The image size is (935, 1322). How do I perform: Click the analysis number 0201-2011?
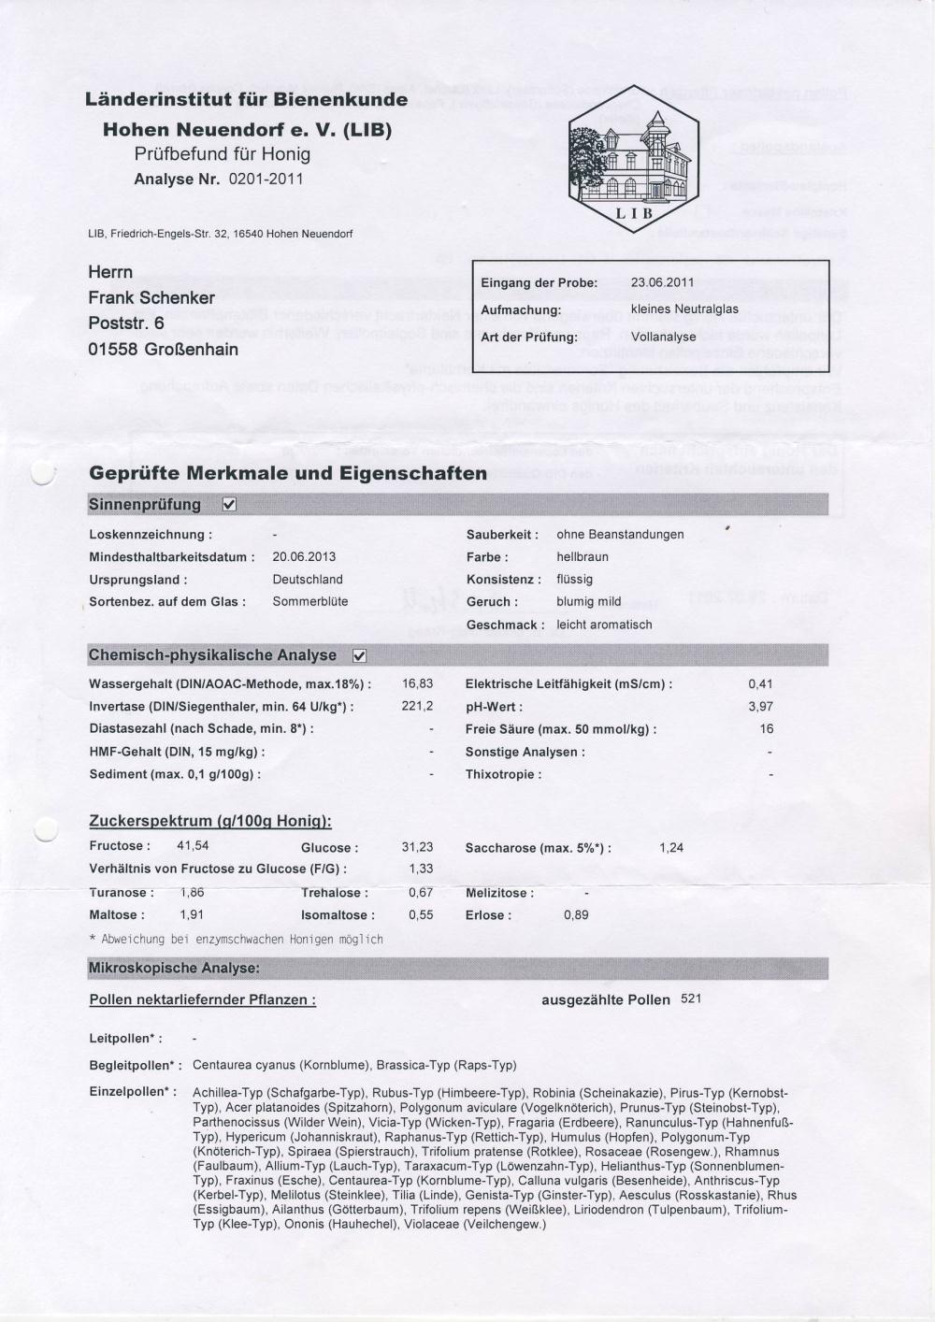click(266, 179)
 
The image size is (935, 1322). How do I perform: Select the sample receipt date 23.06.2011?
click(662, 281)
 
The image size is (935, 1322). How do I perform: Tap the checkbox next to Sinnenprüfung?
click(229, 505)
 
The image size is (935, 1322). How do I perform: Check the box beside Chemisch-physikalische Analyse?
click(359, 655)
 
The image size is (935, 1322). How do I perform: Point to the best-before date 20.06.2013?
click(304, 556)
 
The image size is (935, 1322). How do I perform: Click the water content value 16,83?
click(417, 684)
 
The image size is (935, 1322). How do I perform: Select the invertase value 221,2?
click(417, 707)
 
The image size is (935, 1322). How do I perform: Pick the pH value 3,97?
click(760, 707)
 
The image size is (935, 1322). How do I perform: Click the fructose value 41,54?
click(193, 846)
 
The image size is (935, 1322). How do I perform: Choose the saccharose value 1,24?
click(671, 847)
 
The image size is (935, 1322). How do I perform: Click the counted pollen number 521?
click(691, 999)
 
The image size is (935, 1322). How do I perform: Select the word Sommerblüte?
click(310, 601)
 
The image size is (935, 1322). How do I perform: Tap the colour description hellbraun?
click(583, 556)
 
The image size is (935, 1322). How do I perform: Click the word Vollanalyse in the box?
click(663, 337)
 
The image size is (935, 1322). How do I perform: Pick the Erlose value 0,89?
click(576, 914)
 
